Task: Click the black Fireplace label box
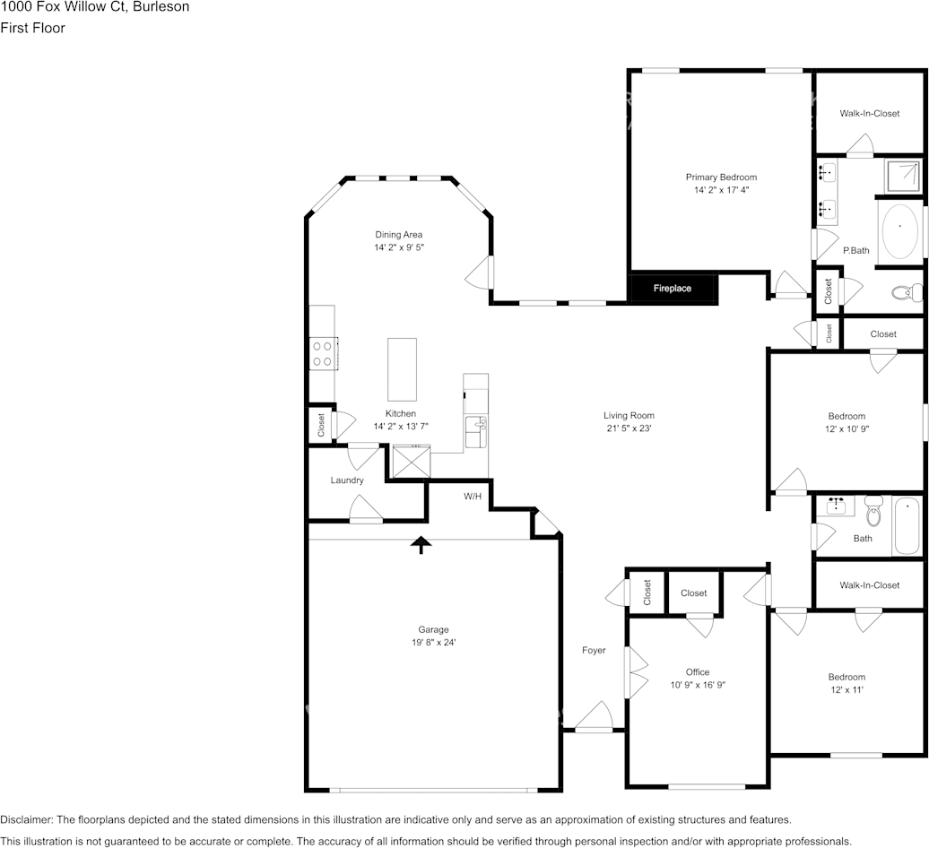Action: point(673,289)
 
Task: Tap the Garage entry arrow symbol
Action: point(420,544)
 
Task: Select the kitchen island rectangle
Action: point(402,369)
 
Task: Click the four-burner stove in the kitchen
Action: point(322,354)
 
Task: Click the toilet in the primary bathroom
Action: point(907,291)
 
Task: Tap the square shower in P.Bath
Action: point(901,175)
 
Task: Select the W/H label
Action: point(473,496)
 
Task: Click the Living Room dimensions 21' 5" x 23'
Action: point(628,428)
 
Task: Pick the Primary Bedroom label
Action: point(721,177)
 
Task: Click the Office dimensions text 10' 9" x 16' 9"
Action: point(697,685)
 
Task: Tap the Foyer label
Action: point(593,651)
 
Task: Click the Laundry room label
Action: point(347,480)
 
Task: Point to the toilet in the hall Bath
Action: point(873,511)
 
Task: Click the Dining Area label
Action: point(398,235)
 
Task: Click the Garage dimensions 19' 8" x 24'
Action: point(433,642)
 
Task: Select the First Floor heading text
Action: point(32,28)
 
